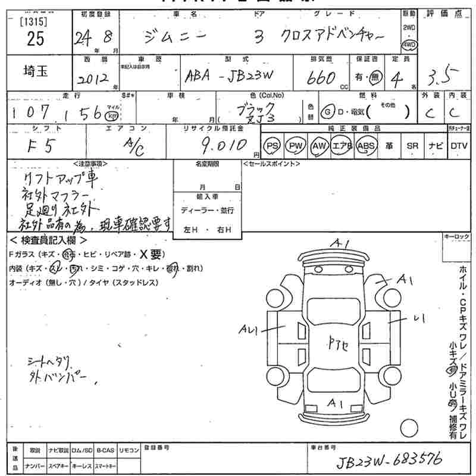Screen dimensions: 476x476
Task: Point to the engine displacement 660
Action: point(322,78)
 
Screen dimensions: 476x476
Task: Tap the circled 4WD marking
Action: point(409,45)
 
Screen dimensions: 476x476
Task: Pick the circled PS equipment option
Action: point(273,146)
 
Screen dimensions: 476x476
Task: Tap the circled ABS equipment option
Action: point(364,146)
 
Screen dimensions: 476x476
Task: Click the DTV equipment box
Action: point(458,146)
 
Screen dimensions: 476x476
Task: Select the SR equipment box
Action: point(411,146)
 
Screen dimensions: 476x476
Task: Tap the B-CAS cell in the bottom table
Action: point(105,450)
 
